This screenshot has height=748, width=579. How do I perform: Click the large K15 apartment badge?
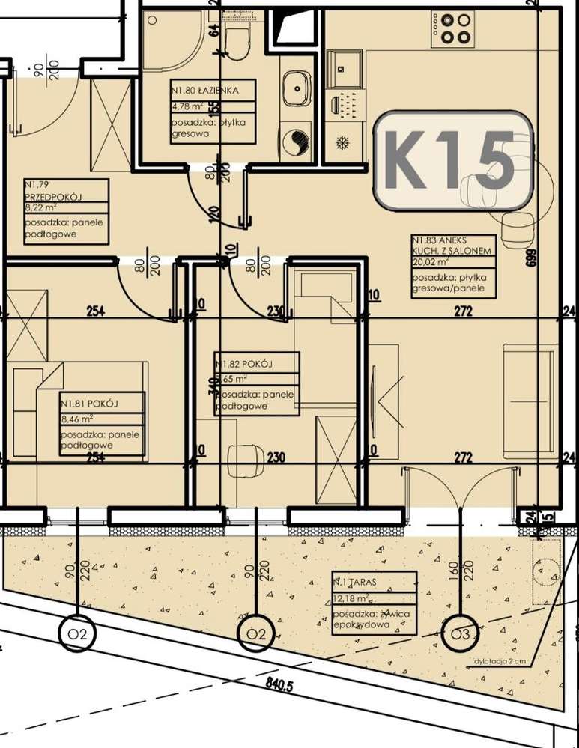point(452,160)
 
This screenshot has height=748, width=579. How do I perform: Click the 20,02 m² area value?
point(431,263)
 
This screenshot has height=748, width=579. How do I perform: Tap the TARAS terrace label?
point(352,581)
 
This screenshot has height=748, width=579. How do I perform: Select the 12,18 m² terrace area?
point(353,598)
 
